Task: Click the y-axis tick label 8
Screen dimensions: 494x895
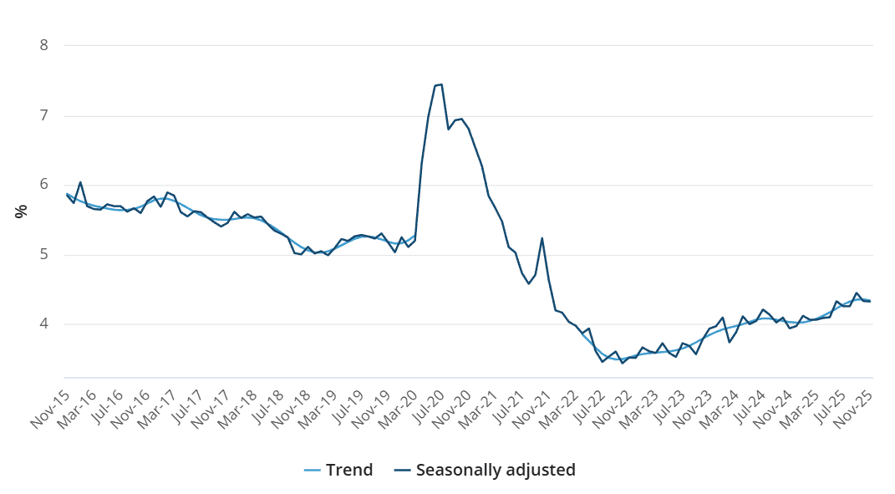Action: coord(44,45)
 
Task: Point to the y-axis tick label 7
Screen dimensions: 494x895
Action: coord(44,115)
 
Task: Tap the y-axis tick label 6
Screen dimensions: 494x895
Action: coord(44,185)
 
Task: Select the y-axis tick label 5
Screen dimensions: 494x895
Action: coord(44,255)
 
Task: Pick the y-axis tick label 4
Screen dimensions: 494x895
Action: coord(44,324)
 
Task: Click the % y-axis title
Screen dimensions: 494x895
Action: coord(21,211)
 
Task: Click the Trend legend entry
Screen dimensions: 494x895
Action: coord(338,470)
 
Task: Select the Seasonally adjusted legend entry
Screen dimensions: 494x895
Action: coord(485,470)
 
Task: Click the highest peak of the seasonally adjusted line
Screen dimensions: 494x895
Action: coord(440,84)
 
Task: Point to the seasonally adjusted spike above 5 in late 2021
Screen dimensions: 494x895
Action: coord(542,238)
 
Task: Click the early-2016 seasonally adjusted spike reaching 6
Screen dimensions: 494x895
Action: coord(80,182)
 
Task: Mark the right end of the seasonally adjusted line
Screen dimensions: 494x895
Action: coord(870,301)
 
